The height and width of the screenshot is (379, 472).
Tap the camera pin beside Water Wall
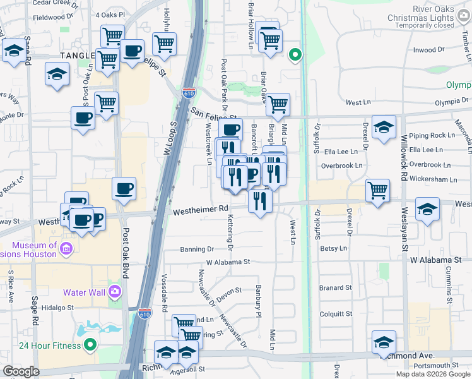(115, 291)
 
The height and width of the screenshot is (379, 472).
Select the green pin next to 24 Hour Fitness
(90, 345)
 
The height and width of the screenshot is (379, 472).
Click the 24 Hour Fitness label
(49, 346)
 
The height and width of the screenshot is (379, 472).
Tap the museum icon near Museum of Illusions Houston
(65, 250)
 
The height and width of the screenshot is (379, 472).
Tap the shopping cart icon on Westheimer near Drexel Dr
(377, 189)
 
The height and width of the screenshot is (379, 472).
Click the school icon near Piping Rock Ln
(384, 127)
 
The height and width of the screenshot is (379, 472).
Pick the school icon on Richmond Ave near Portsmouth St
(384, 342)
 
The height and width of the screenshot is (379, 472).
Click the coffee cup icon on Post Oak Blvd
(124, 188)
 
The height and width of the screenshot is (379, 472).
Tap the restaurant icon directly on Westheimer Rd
(260, 201)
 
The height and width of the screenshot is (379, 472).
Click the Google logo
(21, 371)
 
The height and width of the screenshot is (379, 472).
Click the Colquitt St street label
(335, 313)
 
